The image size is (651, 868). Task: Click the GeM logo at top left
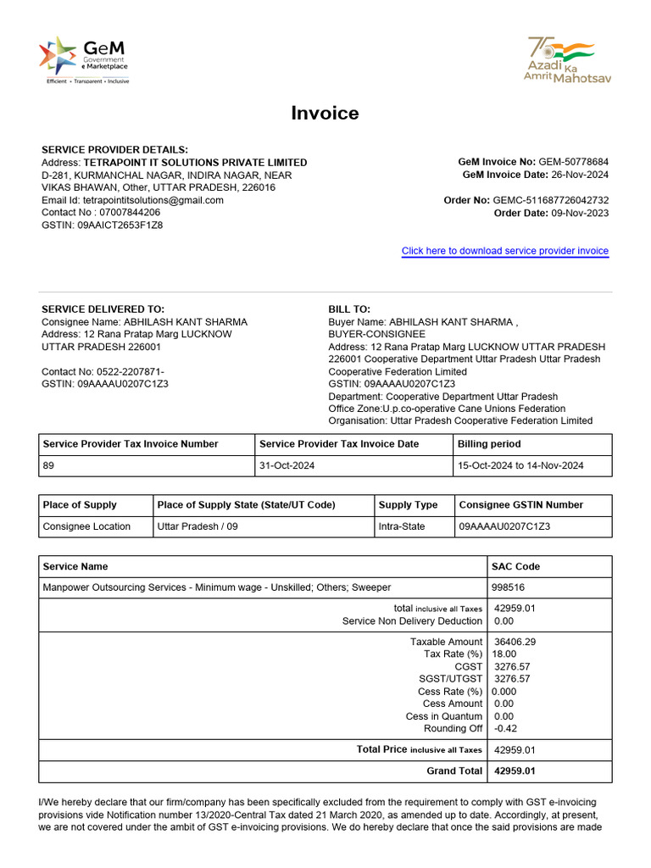pos(83,59)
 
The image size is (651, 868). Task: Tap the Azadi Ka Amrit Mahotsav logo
pos(568,59)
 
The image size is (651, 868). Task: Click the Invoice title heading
pos(325,114)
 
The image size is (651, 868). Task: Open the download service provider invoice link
pos(504,251)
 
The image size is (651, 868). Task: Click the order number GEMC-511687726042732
pos(551,200)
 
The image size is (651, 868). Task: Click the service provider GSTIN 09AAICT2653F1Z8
pos(120,225)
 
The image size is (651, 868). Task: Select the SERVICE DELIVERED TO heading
pos(103,309)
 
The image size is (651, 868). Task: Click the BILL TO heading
pos(349,309)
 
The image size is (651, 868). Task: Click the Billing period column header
pos(489,444)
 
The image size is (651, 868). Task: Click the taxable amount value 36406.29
pos(515,642)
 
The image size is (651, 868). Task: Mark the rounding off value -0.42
pos(505,728)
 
